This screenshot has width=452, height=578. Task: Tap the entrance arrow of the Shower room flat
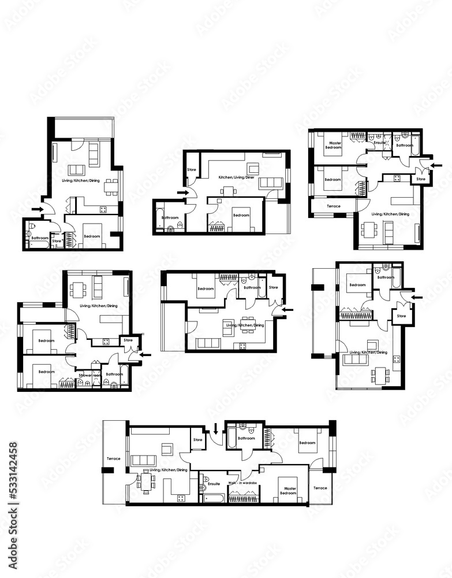145,354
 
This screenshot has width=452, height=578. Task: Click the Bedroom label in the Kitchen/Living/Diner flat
241,215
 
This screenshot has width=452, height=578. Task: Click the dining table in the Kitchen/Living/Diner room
230,191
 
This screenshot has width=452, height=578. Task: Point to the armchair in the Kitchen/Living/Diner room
253,169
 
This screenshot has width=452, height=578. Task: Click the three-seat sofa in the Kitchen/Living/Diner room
269,184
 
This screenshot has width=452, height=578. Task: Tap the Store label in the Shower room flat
128,340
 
